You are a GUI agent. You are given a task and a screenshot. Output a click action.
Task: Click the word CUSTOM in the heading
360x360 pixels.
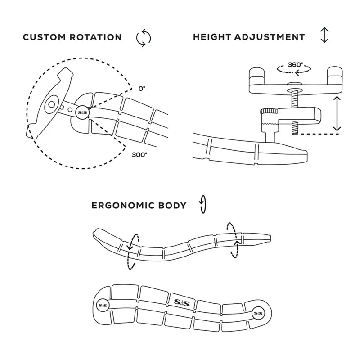pos(44,37)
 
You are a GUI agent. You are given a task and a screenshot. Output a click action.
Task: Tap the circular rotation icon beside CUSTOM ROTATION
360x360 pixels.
pos(143,38)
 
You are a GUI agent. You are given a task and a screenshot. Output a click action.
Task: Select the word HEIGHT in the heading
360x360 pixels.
pos(212,37)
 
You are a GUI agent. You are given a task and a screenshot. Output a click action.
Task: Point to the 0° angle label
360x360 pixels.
pos(142,89)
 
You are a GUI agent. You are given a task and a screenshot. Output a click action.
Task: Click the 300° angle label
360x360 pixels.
pos(139,155)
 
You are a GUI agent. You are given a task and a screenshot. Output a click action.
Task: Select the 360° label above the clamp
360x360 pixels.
pos(296,64)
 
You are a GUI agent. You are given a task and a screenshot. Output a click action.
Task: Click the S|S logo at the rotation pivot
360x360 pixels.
pos(82,112)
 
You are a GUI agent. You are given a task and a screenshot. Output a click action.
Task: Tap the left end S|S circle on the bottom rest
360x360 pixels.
pos(102,304)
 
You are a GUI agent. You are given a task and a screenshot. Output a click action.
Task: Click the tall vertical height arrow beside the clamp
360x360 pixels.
pos(337,114)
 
